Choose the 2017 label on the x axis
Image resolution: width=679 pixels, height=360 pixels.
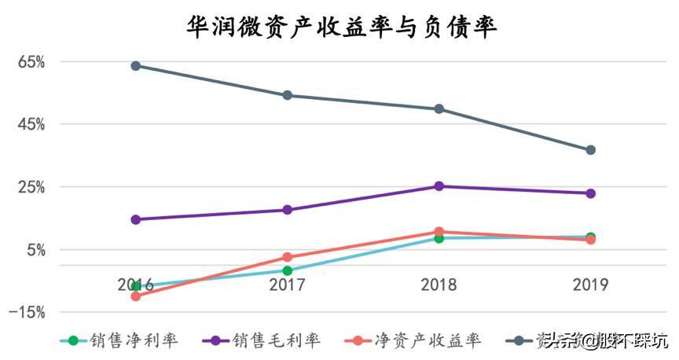tap(287, 285)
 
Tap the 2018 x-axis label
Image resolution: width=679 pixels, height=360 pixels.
tap(439, 285)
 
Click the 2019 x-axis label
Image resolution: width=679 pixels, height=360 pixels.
tap(590, 285)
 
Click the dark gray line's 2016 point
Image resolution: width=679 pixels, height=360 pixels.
tap(136, 66)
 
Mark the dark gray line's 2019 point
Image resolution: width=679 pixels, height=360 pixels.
tap(590, 150)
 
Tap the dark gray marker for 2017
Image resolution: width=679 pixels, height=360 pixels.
tap(288, 95)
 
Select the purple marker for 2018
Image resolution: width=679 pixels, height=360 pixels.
tap(439, 186)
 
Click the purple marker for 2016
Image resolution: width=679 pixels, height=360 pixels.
tap(136, 219)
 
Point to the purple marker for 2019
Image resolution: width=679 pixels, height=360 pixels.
tap(590, 193)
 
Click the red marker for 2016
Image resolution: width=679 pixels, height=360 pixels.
tap(136, 296)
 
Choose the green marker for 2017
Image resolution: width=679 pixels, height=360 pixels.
tap(288, 270)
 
